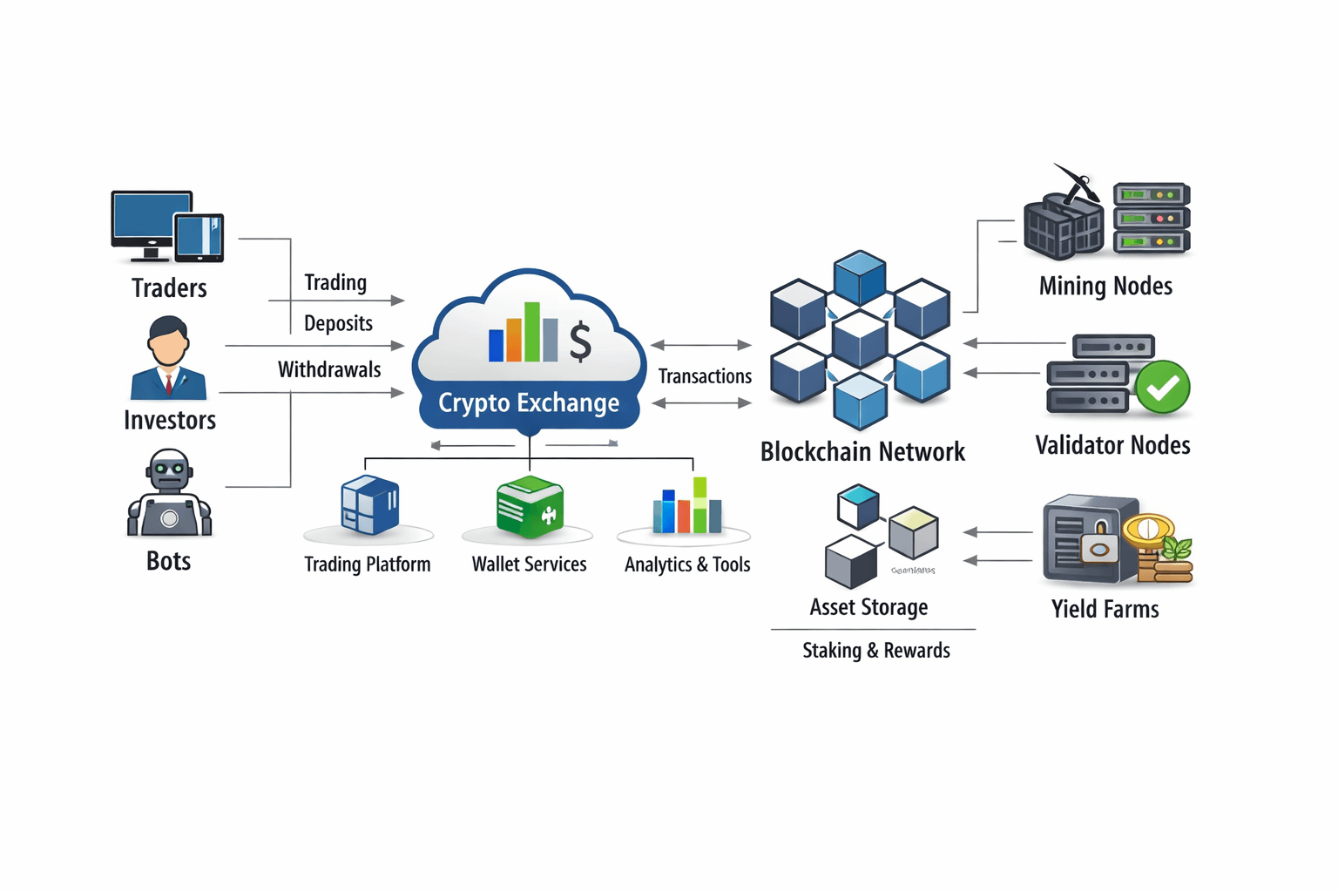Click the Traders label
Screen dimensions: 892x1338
tap(169, 288)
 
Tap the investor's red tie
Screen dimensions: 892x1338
tap(169, 383)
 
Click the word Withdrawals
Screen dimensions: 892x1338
tap(329, 369)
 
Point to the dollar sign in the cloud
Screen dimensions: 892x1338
tap(580, 341)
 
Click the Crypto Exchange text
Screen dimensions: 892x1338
tap(529, 402)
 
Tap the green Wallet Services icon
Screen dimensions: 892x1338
tap(529, 507)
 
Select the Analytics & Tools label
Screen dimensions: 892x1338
tap(687, 564)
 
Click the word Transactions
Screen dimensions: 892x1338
tap(705, 376)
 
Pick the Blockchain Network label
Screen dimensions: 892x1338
tap(862, 451)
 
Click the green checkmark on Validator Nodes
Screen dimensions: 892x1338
tap(1163, 387)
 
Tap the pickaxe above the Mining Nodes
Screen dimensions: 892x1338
tap(1077, 180)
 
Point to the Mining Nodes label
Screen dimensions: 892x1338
tap(1105, 286)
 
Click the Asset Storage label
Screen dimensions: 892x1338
tap(868, 607)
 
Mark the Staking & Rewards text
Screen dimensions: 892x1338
tap(875, 651)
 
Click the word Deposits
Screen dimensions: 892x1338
tap(338, 323)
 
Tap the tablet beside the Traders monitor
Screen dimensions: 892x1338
tap(199, 237)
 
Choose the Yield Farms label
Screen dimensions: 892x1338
tap(1105, 609)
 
